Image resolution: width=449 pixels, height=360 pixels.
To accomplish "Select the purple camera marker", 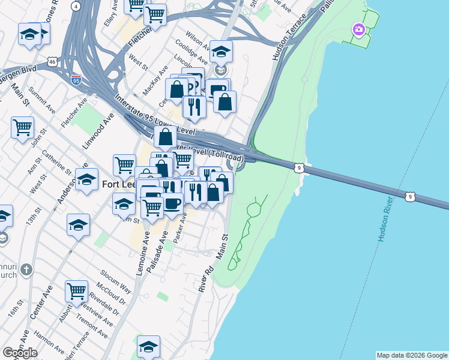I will tap(358, 29).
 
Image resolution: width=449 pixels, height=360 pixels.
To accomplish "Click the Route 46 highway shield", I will tap(52, 62).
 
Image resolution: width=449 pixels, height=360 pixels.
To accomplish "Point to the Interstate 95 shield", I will tap(76, 79).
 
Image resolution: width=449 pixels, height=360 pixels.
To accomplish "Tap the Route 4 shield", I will tap(75, 5).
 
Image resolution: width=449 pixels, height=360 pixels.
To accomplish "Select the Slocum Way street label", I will tap(115, 278).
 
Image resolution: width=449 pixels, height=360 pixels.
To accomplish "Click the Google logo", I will tap(20, 353).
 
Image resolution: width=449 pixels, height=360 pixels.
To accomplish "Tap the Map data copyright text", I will tap(411, 355).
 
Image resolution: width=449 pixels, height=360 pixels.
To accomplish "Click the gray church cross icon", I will tap(25, 270).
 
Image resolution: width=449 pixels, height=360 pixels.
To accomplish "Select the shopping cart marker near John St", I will tap(22, 127).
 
